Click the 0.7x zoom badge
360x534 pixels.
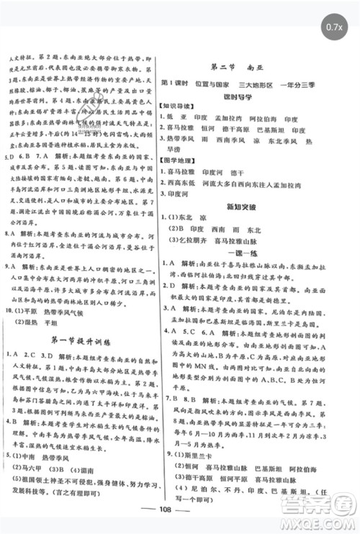click(333, 27)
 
